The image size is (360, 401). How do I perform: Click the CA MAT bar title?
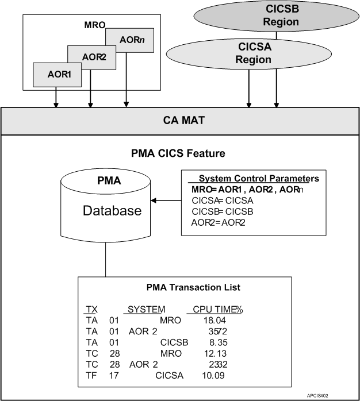point(179,121)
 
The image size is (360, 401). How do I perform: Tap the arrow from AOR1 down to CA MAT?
point(56,97)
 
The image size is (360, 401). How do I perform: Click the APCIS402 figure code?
point(335,396)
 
